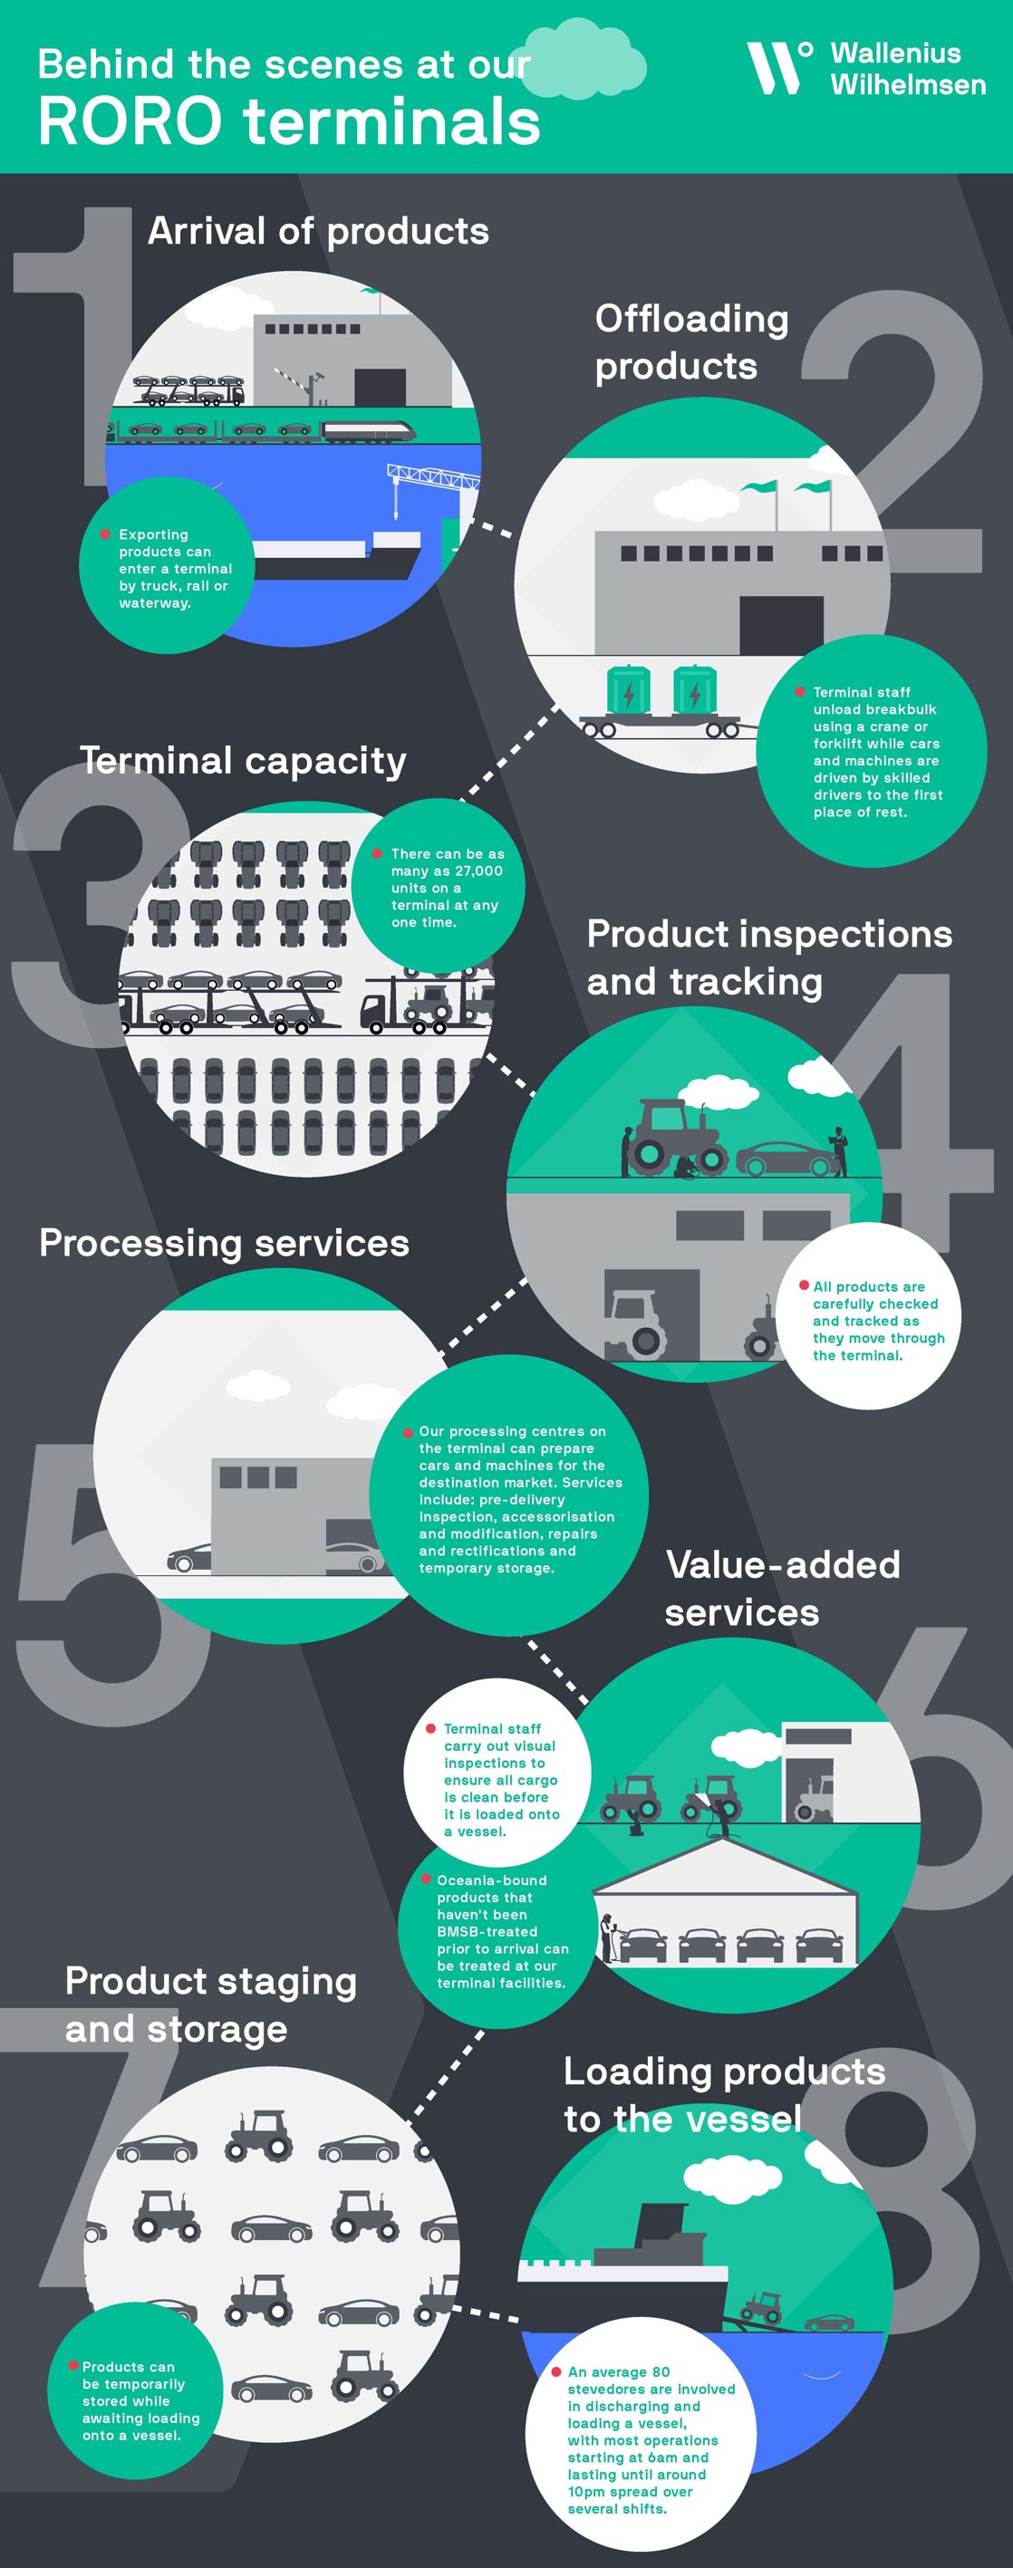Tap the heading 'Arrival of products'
pyautogui.click(x=318, y=231)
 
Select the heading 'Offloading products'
pyautogui.click(x=692, y=341)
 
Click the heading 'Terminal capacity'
pyautogui.click(x=243, y=761)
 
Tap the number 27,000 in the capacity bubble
pyautogui.click(x=478, y=871)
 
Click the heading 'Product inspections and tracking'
pyautogui.click(x=768, y=957)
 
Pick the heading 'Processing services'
pyautogui.click(x=225, y=1243)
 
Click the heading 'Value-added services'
pyautogui.click(x=783, y=1588)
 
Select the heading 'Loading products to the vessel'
pyautogui.click(x=725, y=2094)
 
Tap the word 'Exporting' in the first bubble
pyautogui.click(x=153, y=535)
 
